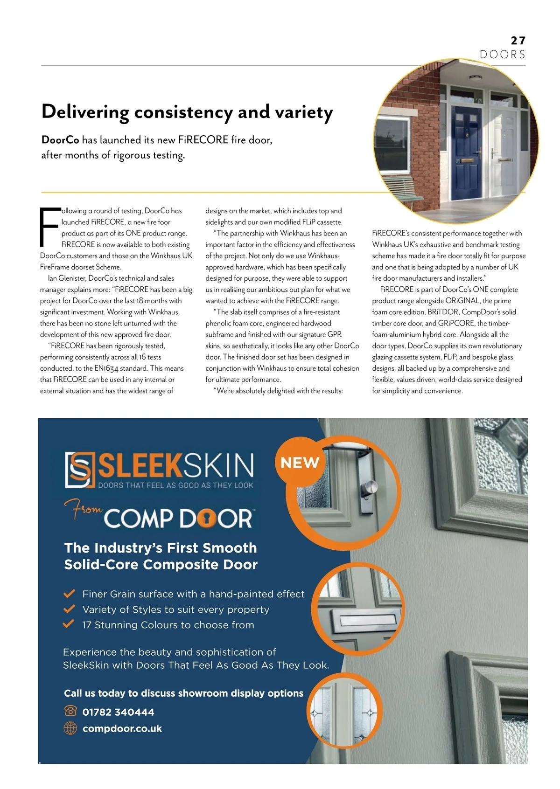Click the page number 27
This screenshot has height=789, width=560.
click(x=518, y=41)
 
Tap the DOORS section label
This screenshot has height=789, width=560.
click(x=502, y=55)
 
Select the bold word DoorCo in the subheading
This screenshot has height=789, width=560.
click(x=60, y=140)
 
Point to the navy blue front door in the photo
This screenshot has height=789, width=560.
click(x=467, y=149)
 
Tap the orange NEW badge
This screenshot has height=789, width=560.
click(x=300, y=463)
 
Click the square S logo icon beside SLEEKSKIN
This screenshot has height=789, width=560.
click(x=80, y=470)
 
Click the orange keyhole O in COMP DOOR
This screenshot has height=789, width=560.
click(x=205, y=519)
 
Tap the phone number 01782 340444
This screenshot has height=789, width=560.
click(x=118, y=712)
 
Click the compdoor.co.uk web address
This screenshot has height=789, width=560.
click(x=122, y=728)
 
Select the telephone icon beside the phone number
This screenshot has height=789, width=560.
click(x=70, y=711)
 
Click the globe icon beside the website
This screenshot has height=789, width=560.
click(x=70, y=728)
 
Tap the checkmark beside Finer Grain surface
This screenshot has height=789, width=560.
click(x=70, y=594)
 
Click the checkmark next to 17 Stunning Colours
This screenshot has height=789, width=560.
click(x=69, y=624)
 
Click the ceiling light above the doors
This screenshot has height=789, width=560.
click(x=476, y=78)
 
